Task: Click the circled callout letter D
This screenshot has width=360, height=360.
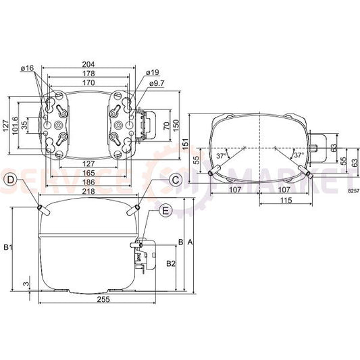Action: coord(11,179)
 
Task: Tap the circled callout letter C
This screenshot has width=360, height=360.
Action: coord(175,180)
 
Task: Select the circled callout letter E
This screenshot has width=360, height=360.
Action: coord(165,211)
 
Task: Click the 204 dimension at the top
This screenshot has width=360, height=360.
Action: coord(88,64)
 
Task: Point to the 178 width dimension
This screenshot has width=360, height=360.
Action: coord(88,74)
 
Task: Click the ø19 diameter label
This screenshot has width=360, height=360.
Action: coord(152,72)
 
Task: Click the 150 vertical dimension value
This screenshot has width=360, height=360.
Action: coord(176,124)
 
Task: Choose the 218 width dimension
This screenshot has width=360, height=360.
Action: coord(88,192)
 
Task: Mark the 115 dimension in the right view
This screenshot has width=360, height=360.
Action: coord(286,201)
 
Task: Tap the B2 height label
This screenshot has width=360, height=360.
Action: coord(171,263)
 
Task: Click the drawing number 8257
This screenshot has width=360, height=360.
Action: coord(354,192)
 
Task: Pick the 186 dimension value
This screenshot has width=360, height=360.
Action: coord(88,182)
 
